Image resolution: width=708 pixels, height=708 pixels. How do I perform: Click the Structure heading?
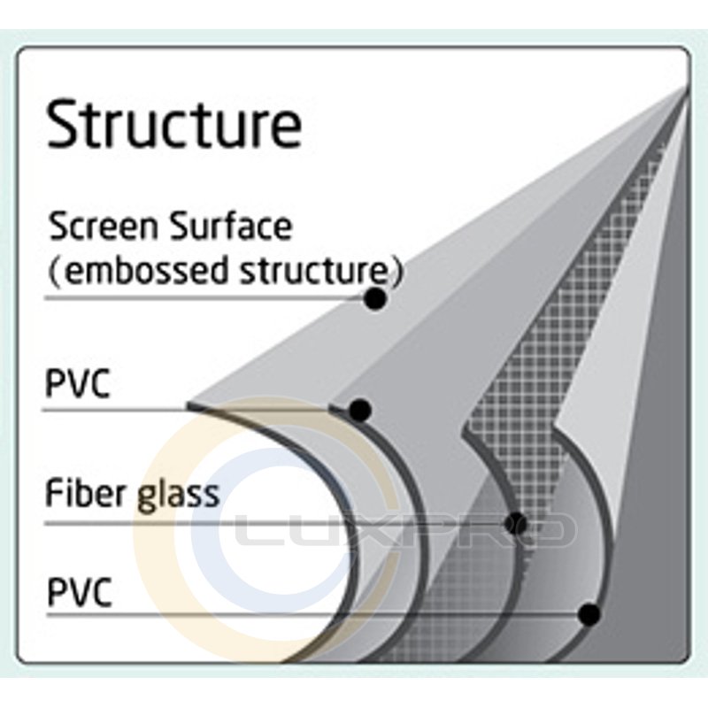tap(173, 124)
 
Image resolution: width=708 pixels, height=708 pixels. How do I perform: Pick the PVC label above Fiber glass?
tap(78, 385)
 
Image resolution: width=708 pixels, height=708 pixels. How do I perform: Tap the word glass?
tap(178, 494)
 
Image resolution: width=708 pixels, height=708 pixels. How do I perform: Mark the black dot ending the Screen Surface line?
tap(375, 300)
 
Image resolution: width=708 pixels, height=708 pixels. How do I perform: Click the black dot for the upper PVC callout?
tap(359, 410)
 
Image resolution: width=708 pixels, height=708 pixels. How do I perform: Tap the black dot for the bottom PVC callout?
tap(588, 613)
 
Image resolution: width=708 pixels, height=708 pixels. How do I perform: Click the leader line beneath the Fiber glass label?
tap(265, 522)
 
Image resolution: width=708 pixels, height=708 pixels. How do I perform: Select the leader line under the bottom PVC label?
tap(310, 613)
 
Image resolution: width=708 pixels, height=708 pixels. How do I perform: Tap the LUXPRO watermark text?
tap(398, 531)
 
